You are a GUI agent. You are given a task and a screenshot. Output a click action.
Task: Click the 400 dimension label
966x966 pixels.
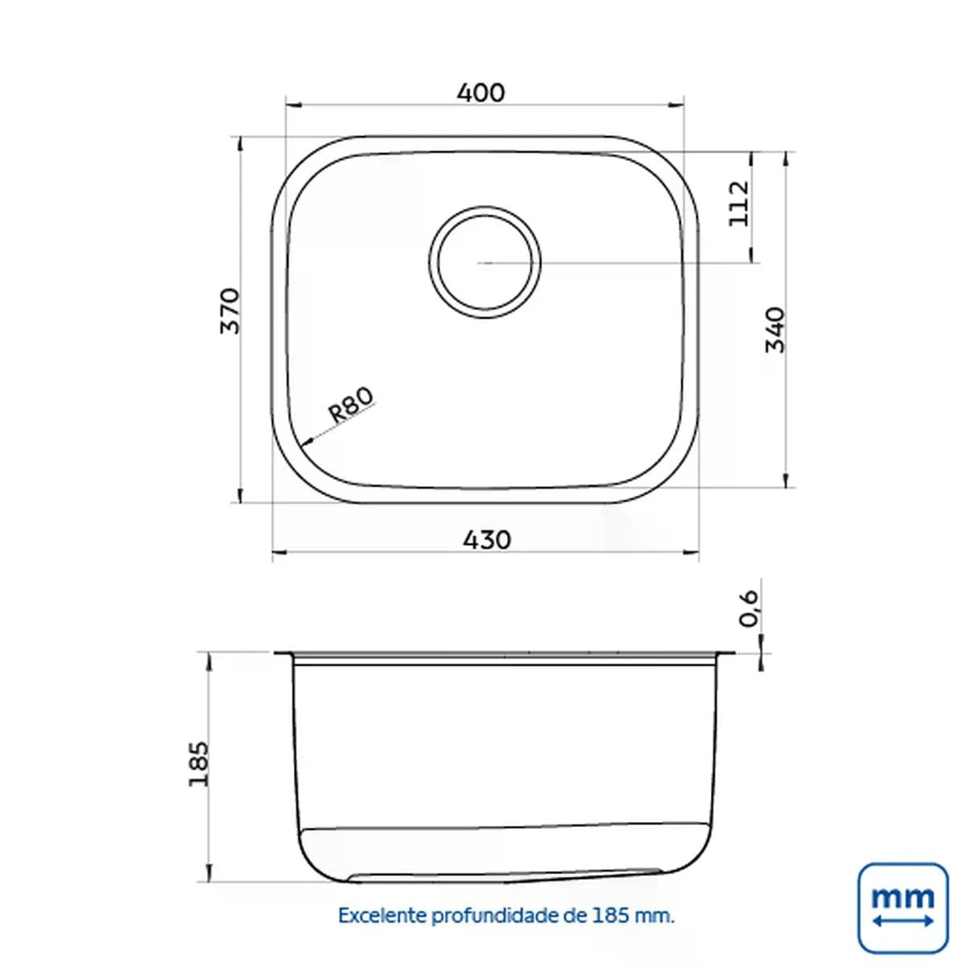click(481, 93)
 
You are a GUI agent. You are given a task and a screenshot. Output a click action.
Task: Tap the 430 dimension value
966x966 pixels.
click(487, 540)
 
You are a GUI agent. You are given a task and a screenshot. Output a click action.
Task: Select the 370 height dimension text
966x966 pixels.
click(230, 311)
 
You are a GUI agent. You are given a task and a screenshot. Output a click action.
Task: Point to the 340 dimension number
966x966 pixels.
click(775, 330)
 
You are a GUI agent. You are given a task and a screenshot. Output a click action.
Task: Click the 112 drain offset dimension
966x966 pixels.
click(738, 204)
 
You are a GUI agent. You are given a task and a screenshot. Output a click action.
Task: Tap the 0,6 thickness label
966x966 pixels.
click(749, 608)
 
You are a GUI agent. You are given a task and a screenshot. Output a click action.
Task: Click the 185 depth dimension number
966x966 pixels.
click(199, 763)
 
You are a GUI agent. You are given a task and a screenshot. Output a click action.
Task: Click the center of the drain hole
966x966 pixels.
click(485, 262)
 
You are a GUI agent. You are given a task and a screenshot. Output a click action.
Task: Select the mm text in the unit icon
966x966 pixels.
click(902, 897)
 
